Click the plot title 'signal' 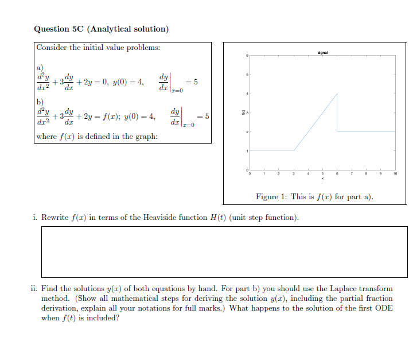pyautogui.click(x=322, y=52)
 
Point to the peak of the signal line pyautogui.click(x=337, y=94)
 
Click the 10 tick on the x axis pyautogui.click(x=395, y=173)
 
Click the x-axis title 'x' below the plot pyautogui.click(x=322, y=178)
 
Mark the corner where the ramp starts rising pyautogui.click(x=294, y=150)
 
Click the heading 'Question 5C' pyautogui.click(x=58, y=29)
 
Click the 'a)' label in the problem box pyautogui.click(x=40, y=67)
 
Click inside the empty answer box pyautogui.click(x=224, y=251)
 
